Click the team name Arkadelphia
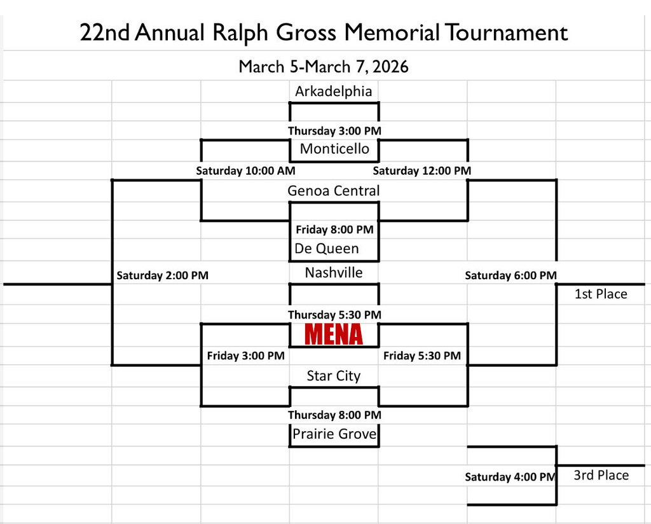pos(333,92)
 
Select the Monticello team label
pos(334,149)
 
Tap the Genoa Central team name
pos(333,191)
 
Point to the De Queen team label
pos(327,249)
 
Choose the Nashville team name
pos(334,273)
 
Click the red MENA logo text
pos(334,334)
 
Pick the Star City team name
pos(333,376)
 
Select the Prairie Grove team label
pos(334,434)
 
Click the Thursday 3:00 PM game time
pos(334,131)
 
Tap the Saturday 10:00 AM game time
pos(245,170)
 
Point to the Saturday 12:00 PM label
pos(422,170)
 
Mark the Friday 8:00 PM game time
pos(334,230)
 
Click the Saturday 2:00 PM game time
pos(163,275)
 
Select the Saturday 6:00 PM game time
pos(511,275)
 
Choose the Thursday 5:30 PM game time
pos(334,315)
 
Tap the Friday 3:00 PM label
pos(245,355)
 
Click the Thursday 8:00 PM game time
pos(334,415)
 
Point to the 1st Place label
pos(601,294)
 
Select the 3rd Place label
pos(601,475)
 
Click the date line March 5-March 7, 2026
pos(324,66)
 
